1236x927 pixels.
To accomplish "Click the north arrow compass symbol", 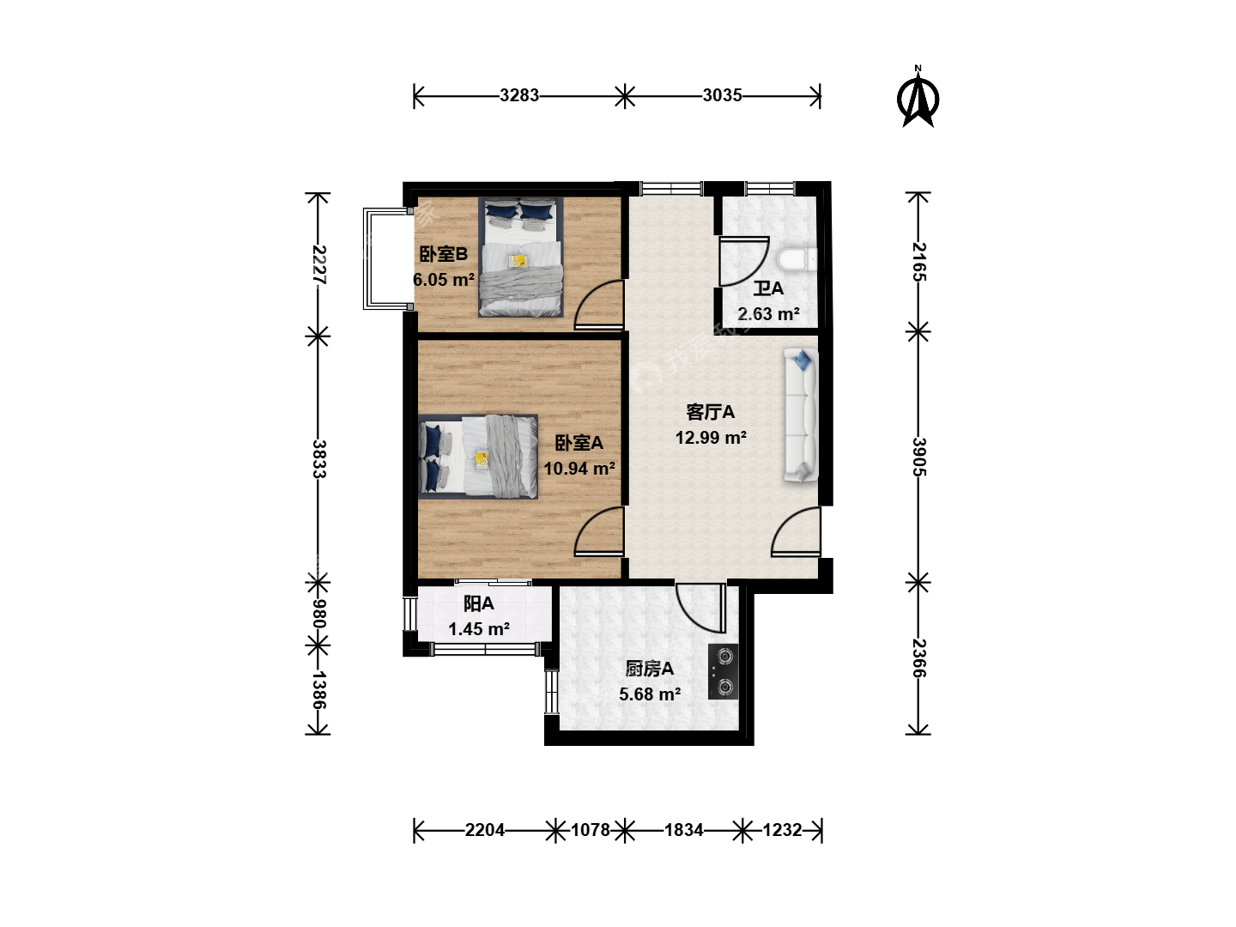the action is pos(918,97).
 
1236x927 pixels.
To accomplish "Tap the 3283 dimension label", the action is pos(519,95).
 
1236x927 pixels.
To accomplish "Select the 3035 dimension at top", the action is pos(722,95).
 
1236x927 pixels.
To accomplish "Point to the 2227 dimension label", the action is pos(318,264).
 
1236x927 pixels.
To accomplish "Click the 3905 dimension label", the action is pos(919,457).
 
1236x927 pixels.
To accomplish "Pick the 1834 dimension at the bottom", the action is pos(683,830).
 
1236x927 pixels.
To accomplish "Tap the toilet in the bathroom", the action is pos(797,260).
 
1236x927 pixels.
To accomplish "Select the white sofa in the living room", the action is pos(801,415).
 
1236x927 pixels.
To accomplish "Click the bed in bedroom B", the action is pos(521,257).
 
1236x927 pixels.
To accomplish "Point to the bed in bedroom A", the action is pos(479,457).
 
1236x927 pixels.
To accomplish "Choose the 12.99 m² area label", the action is pos(712,438).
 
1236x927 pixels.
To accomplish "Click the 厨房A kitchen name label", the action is pos(649,669).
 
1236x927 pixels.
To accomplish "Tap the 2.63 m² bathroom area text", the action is pos(768,313).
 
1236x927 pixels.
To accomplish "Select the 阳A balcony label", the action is pos(479,604).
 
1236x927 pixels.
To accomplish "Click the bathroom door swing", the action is pos(744,263).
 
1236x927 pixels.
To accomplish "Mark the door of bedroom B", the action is pos(599,305).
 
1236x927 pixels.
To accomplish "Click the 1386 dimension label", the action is pos(318,690).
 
